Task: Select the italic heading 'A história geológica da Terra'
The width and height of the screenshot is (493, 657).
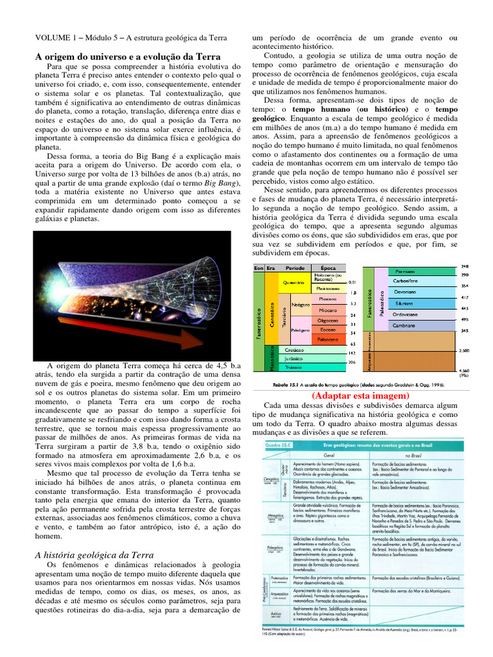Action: [x=94, y=554]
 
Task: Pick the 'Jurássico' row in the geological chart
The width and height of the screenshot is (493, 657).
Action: [x=295, y=359]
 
